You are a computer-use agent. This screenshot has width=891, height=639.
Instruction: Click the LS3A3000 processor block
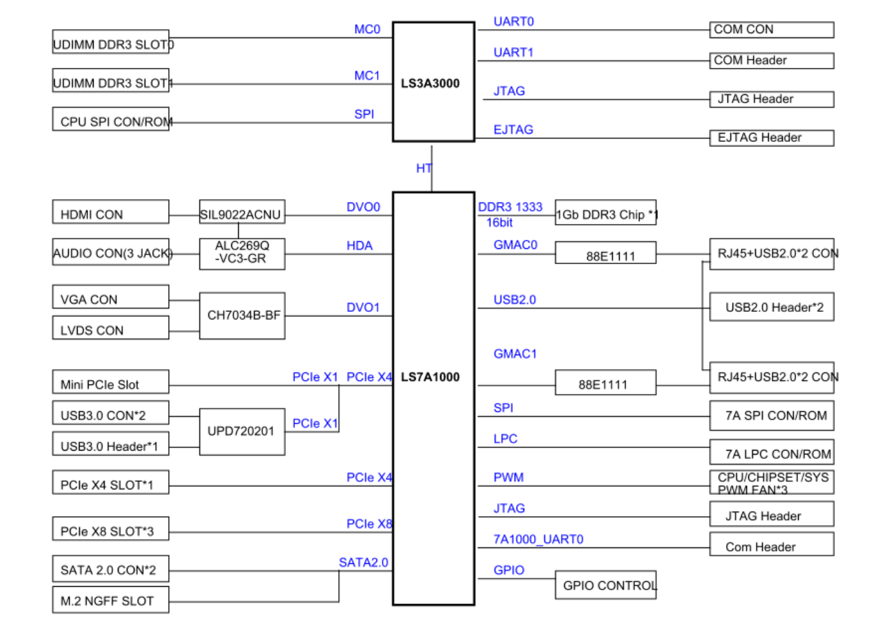tap(433, 82)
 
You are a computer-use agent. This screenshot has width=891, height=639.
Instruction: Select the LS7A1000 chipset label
tap(430, 377)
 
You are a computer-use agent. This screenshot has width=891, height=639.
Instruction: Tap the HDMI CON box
tap(110, 213)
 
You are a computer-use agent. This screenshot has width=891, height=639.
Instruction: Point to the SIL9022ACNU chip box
tap(241, 213)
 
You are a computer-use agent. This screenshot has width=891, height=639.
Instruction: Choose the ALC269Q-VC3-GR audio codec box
tap(241, 254)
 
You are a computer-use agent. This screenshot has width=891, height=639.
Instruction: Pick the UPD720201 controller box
tap(241, 432)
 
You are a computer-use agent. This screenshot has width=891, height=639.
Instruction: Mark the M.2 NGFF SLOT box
tap(110, 600)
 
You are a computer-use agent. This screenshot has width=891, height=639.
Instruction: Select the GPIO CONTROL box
tap(605, 585)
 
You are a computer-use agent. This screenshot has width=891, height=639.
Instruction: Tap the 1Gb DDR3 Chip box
tap(605, 213)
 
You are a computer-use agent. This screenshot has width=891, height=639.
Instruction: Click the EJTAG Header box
tap(771, 138)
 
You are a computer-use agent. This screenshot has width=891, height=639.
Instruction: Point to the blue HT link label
tap(424, 168)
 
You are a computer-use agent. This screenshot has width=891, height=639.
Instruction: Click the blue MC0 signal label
tap(367, 29)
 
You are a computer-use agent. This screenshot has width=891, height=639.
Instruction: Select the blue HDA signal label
tap(359, 246)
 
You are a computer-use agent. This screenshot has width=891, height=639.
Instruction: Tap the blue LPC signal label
tap(505, 439)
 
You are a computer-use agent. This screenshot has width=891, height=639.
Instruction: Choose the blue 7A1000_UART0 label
tap(538, 539)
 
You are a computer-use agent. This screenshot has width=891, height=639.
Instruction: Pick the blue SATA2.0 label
tap(363, 563)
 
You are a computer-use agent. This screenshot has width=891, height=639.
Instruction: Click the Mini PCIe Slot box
tap(110, 383)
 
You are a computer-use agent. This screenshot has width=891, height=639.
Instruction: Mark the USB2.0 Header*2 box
tap(771, 307)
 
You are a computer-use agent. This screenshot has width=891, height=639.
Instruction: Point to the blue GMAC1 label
tap(515, 354)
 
